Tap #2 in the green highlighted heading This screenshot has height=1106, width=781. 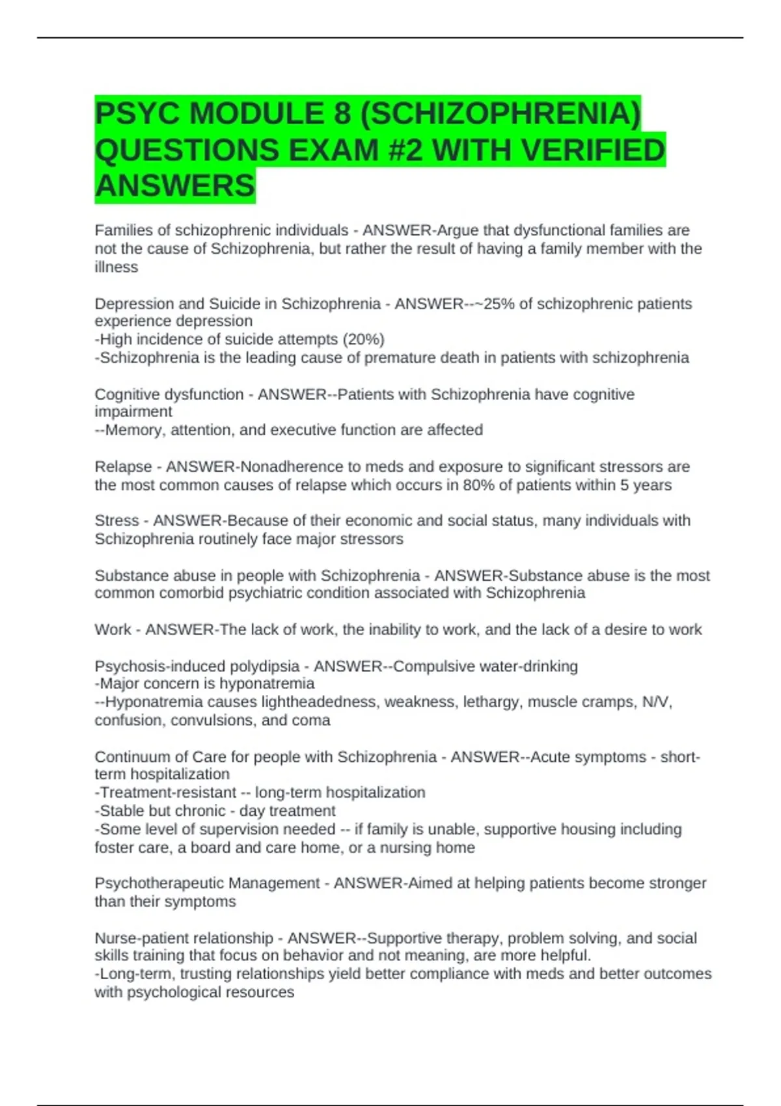403,150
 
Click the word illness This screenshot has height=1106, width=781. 116,267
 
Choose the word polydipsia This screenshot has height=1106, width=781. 260,666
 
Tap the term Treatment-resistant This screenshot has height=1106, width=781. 168,792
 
